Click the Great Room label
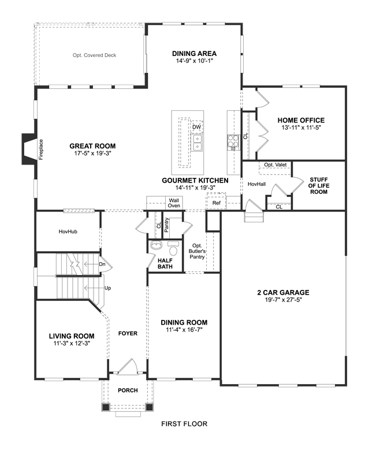tap(92, 146)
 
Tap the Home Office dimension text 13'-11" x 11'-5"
tap(301, 128)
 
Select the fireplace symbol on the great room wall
tap(29, 149)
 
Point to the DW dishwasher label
tap(196, 127)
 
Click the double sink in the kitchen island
tap(197, 143)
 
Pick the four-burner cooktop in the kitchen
tap(233, 141)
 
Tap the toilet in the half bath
tap(173, 248)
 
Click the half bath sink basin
tap(156, 246)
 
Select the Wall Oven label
tap(174, 203)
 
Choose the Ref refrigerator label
tap(217, 203)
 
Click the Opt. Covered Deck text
tap(94, 55)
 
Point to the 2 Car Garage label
tap(283, 292)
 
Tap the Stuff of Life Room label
tap(319, 185)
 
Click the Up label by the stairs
tap(107, 288)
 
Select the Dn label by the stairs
tap(102, 264)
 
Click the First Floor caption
tap(184, 423)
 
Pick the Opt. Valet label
tap(275, 165)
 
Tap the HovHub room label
tap(68, 231)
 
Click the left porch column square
tap(106, 407)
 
